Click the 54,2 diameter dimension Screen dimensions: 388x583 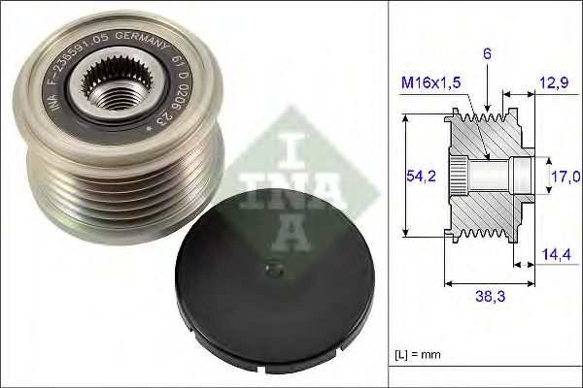tap(420, 176)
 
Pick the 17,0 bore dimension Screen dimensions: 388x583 tap(566, 176)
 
